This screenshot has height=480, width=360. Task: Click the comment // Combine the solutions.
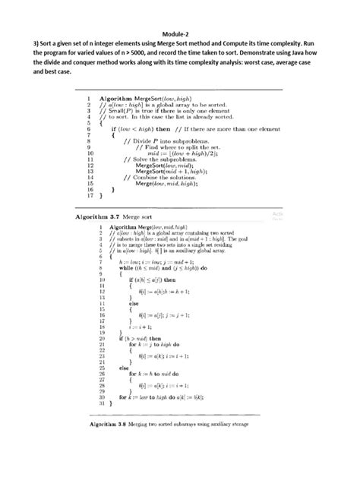point(156,178)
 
